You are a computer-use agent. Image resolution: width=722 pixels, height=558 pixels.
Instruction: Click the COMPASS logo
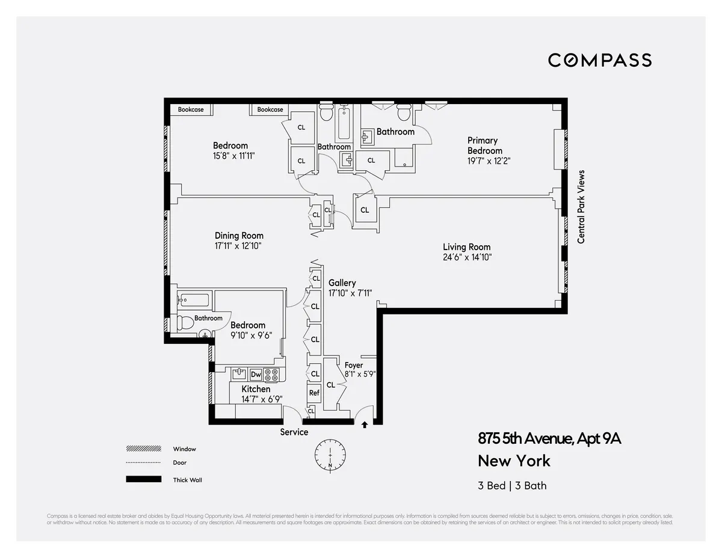(x=599, y=60)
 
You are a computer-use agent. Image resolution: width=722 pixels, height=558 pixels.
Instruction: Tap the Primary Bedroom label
(x=484, y=146)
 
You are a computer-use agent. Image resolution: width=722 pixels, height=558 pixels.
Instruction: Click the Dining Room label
(x=239, y=236)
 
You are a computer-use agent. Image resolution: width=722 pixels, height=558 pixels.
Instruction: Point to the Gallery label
(x=342, y=283)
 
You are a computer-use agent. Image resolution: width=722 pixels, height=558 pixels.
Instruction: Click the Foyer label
(x=354, y=365)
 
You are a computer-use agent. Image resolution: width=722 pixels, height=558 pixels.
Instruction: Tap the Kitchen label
(x=256, y=389)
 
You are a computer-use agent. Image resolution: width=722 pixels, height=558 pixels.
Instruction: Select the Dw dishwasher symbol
(x=256, y=374)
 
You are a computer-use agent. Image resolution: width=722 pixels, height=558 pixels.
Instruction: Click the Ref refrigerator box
(x=314, y=393)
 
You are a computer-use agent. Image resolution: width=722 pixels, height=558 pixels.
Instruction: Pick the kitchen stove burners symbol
(x=272, y=375)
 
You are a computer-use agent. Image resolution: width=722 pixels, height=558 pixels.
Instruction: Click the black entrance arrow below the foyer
(x=364, y=425)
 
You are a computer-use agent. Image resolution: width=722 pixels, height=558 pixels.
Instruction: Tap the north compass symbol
(x=330, y=456)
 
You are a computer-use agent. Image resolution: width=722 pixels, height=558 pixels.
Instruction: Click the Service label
(x=294, y=432)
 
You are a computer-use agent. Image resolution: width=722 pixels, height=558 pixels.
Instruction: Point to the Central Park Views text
(x=581, y=207)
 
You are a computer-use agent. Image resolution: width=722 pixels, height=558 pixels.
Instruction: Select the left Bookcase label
(x=191, y=109)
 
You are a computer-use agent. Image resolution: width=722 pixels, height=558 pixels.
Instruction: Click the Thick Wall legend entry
(x=187, y=480)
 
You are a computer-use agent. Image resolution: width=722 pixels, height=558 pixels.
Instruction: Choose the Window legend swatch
(x=143, y=449)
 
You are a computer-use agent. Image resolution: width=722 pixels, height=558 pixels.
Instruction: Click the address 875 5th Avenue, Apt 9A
(x=549, y=439)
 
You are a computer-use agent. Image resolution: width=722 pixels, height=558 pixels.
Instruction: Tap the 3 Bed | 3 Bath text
(x=512, y=486)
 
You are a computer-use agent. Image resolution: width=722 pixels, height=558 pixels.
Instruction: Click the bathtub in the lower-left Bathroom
(x=193, y=299)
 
